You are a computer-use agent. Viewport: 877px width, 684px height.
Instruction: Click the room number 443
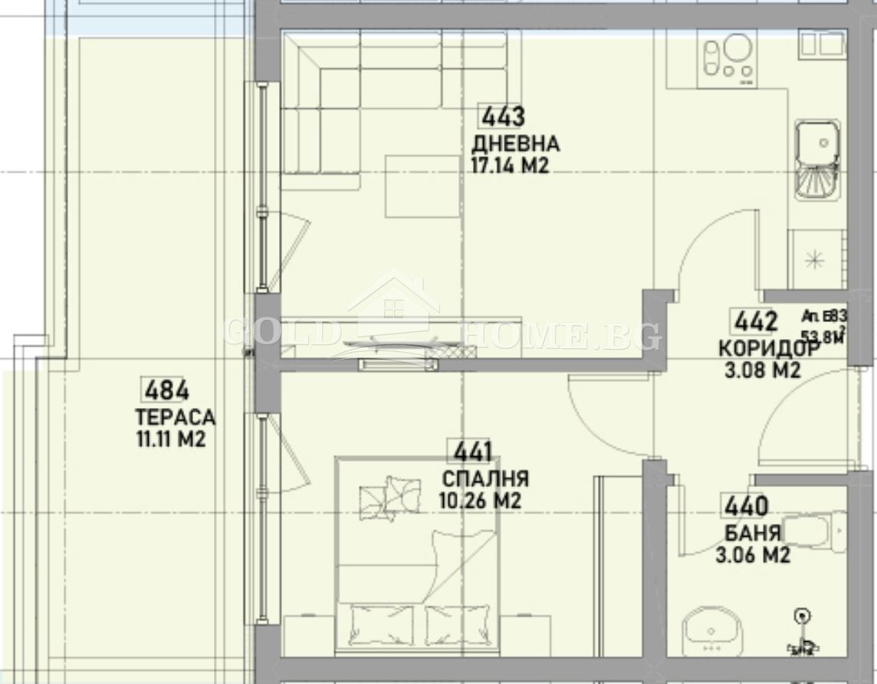click(x=502, y=117)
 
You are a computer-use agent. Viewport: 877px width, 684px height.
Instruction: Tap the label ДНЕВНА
click(x=515, y=143)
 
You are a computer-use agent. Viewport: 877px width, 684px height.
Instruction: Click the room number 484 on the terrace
click(x=166, y=390)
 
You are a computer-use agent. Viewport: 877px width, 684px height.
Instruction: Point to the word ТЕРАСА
click(x=175, y=418)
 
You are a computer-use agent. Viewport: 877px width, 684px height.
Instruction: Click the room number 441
click(x=473, y=452)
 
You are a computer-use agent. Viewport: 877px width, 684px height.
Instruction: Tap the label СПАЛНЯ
click(x=485, y=479)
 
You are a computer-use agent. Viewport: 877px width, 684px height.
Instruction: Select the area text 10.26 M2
click(x=480, y=501)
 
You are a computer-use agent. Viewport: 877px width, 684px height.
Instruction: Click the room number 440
click(x=744, y=506)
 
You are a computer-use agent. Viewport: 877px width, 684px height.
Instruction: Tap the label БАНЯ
click(x=753, y=533)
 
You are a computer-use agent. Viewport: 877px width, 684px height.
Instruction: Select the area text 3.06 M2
click(x=753, y=555)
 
